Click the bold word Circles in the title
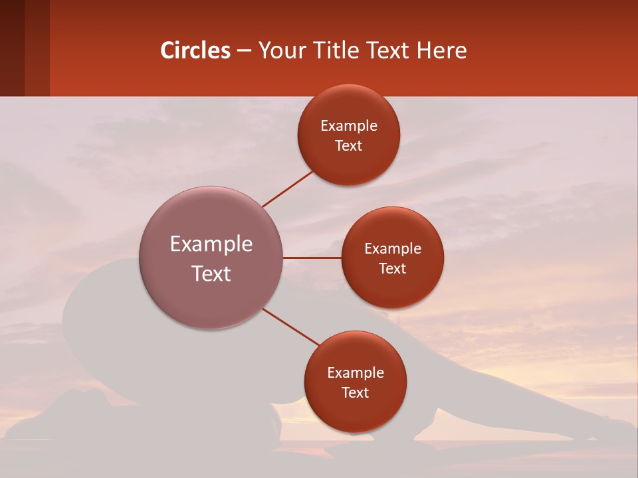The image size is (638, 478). point(195,50)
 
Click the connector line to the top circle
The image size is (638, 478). point(288,189)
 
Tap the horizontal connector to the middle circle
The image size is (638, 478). point(312,258)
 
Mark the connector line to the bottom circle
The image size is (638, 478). point(290,327)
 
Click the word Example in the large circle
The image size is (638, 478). point(211,244)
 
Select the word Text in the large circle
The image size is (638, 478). point(211,274)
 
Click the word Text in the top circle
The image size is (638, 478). point(348,146)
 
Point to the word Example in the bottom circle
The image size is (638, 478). point(356,373)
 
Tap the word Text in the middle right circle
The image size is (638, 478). point(393,269)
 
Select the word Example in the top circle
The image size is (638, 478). point(349,126)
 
